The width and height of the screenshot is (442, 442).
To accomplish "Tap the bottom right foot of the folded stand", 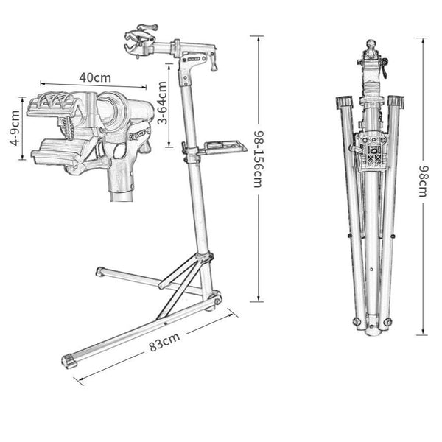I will coord(386,322).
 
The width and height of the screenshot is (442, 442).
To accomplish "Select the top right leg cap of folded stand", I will coord(395,101).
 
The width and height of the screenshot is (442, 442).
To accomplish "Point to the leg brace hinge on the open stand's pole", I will coord(206,258).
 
